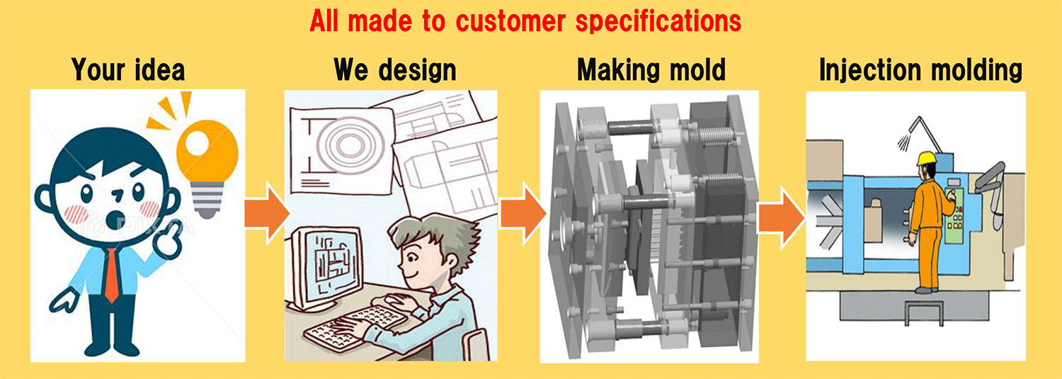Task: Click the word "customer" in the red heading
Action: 510,21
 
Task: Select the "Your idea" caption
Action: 127,69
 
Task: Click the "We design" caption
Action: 394,70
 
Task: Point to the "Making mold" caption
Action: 651,69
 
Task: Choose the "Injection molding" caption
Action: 920,70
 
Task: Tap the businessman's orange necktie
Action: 111,275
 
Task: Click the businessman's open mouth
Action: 114,220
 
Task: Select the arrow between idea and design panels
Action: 266,213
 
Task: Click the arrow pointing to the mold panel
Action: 523,213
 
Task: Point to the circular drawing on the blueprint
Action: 349,142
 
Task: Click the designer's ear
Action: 452,262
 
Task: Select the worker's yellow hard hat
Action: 927,159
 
